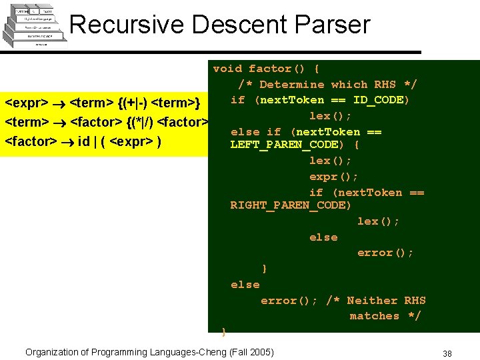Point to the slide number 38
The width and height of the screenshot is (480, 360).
coord(447,353)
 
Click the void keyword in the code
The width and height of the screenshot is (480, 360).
coord(227,69)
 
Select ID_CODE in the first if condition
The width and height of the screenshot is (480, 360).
coord(378,100)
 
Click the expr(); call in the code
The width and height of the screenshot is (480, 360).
coord(333,177)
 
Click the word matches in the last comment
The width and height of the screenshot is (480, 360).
coord(374,316)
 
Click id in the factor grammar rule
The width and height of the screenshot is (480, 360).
coord(83,141)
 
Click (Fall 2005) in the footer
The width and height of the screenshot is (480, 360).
coord(251,352)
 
